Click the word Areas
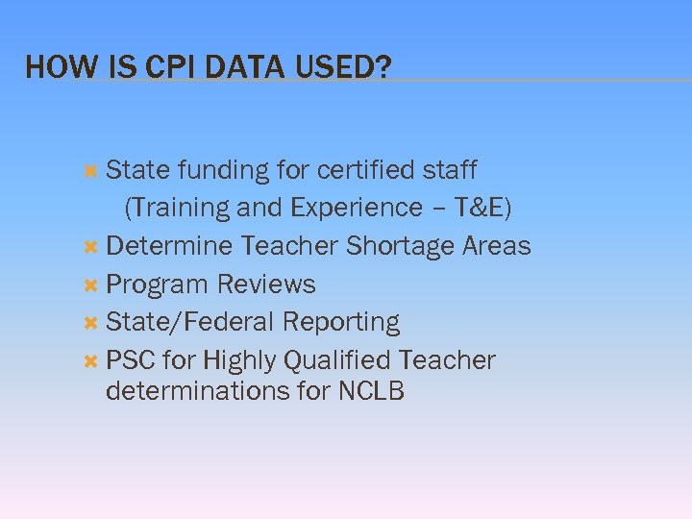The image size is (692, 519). [496, 246]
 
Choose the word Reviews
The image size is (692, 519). [266, 284]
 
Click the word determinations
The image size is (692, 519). [197, 391]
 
